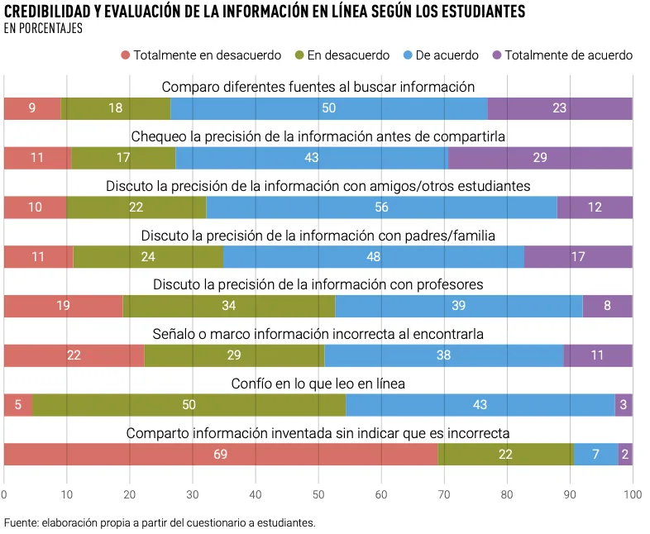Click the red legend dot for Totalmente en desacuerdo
coord(126,55)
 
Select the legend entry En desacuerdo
coord(347,55)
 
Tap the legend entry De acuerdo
coord(447,55)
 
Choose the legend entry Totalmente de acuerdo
coord(568,55)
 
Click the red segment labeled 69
coord(220,455)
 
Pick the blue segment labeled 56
coord(381,207)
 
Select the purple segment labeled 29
coord(540,158)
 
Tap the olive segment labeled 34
coord(229,306)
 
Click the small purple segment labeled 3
coord(624,405)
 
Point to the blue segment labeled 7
coord(595,455)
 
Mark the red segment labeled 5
coord(18,405)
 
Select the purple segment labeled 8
coord(607,306)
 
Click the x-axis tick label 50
coord(318,494)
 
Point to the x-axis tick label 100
coord(632,494)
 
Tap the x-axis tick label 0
coord(4,494)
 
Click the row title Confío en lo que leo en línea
coord(318,384)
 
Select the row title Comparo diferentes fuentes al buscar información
coord(318,87)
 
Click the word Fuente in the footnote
coord(22,522)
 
